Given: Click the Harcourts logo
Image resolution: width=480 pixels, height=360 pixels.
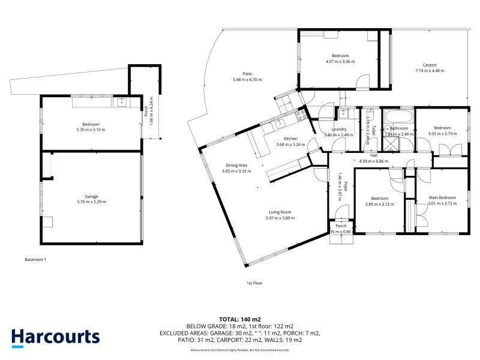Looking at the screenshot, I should point(55,337).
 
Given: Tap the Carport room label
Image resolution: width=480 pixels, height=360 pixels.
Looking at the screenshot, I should point(429,65).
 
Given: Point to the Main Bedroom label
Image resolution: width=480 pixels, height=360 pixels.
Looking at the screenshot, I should point(442,197).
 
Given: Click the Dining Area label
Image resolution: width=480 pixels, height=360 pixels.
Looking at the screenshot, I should point(236,165).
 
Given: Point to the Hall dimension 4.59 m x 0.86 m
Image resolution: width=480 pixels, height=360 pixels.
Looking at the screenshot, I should point(373,161).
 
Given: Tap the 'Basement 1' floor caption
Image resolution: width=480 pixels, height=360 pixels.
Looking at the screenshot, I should point(35,259).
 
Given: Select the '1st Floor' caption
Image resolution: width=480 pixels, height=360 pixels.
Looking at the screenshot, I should point(254,282).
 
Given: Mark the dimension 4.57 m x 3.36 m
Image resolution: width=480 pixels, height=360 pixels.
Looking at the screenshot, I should point(340,61).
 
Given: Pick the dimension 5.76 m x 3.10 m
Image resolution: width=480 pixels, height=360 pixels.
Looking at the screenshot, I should point(91,130).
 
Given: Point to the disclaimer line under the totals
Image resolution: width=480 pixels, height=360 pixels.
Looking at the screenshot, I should point(239,350).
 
